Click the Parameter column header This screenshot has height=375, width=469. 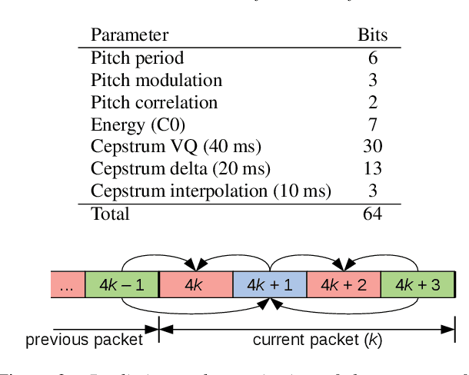(130, 35)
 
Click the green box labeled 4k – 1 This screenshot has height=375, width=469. (121, 284)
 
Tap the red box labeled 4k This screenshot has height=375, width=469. (195, 284)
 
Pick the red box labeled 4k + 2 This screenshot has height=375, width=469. (343, 284)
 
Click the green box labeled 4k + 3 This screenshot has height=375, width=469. (417, 284)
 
